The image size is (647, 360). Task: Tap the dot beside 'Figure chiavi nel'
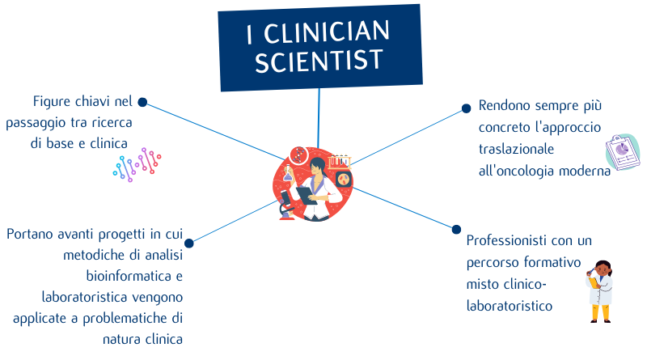pos(142,102)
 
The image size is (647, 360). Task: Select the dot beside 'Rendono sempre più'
pos(466,108)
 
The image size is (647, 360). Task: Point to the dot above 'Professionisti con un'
pos(456,229)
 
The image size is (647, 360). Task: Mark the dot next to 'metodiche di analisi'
pos(189,243)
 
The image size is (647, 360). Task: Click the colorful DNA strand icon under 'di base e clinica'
pos(137,163)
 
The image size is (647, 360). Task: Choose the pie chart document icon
pos(622,152)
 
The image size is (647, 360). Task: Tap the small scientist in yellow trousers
pos(600,291)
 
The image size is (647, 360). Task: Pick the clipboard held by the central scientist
pos(307,195)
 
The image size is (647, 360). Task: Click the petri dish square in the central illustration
pos(344,180)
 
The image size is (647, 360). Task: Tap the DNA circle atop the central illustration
pos(298,153)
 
